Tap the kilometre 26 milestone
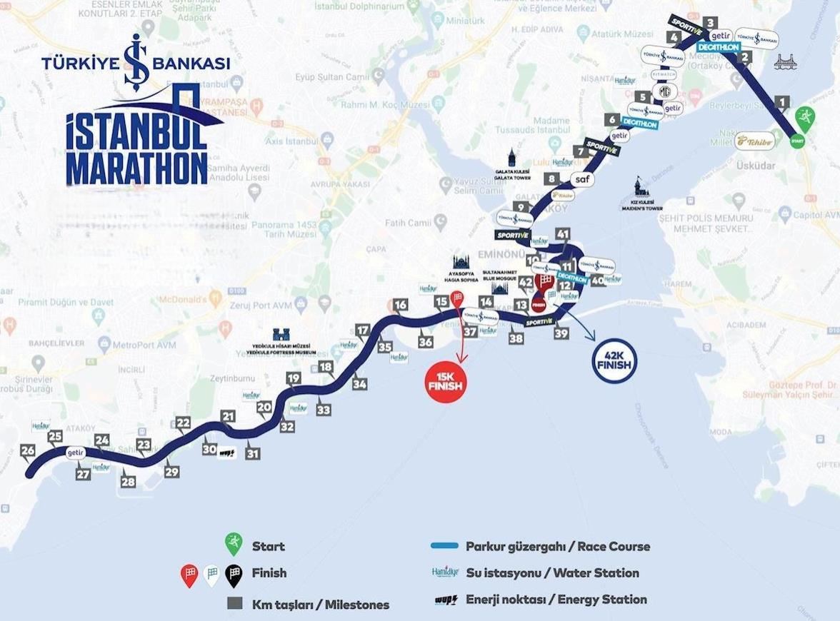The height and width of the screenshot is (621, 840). coord(28,450)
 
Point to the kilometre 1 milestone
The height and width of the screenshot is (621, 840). coord(783,102)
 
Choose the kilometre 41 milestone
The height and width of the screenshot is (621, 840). coord(564,233)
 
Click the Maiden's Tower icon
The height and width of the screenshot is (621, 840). coord(638,188)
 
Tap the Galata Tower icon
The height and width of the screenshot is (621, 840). coord(512,158)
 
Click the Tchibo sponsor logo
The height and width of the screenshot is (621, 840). coord(755,141)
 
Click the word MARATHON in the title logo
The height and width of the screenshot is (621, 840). coord(136,167)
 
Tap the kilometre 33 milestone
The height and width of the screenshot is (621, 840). coord(324,410)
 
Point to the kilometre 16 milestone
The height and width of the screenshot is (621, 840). coord(400,306)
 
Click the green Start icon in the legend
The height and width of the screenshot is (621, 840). coord(233,545)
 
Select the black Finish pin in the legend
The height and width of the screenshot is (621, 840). coord(233,574)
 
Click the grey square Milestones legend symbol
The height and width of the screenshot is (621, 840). coord(234,604)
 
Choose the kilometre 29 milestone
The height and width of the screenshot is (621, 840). coord(171,472)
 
